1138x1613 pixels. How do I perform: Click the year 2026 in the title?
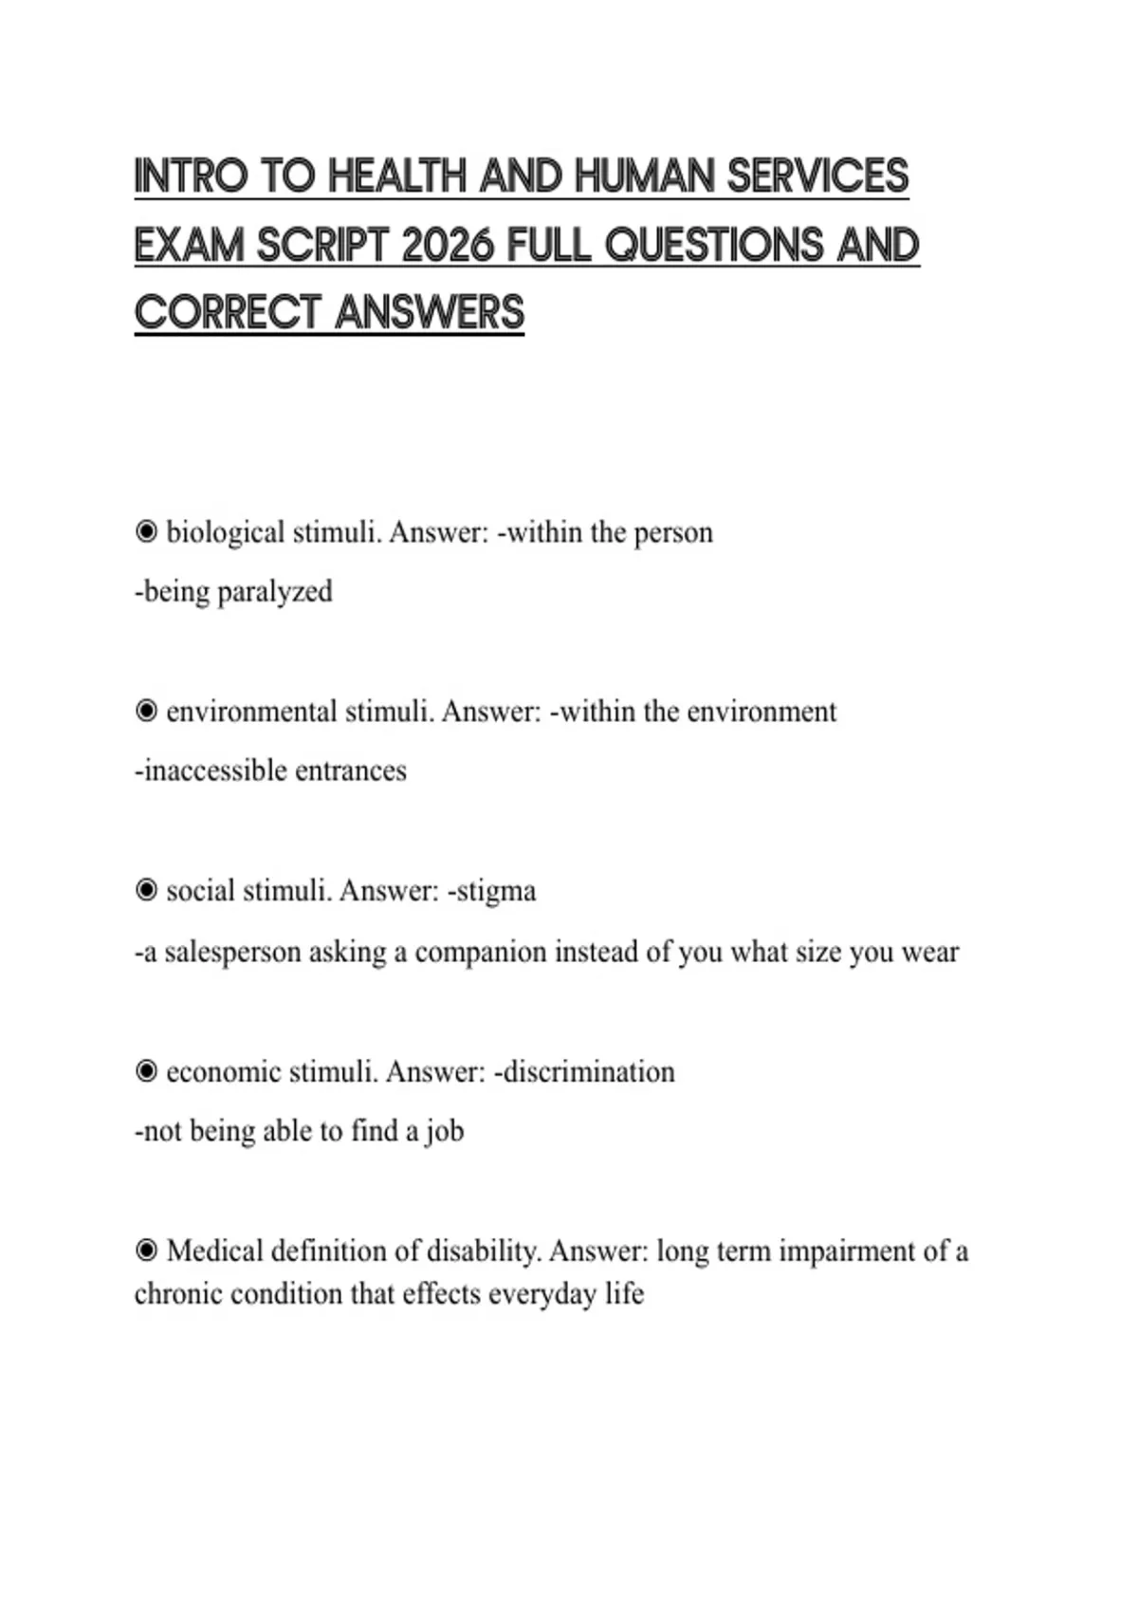[x=448, y=246]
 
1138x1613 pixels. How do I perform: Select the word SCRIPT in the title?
[x=323, y=246]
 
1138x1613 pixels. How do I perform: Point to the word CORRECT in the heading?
[x=228, y=313]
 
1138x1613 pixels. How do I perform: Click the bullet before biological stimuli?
[x=146, y=532]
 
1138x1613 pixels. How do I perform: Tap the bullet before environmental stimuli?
[x=146, y=712]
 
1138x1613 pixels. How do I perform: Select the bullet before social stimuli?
[x=146, y=891]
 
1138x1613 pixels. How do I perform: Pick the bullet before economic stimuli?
[x=146, y=1072]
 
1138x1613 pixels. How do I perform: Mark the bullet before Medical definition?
[x=146, y=1251]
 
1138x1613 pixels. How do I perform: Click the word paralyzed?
[x=275, y=592]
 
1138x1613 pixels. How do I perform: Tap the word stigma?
[x=496, y=892]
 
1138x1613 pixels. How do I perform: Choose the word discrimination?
[x=588, y=1072]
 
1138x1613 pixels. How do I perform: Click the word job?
[x=445, y=1132]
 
